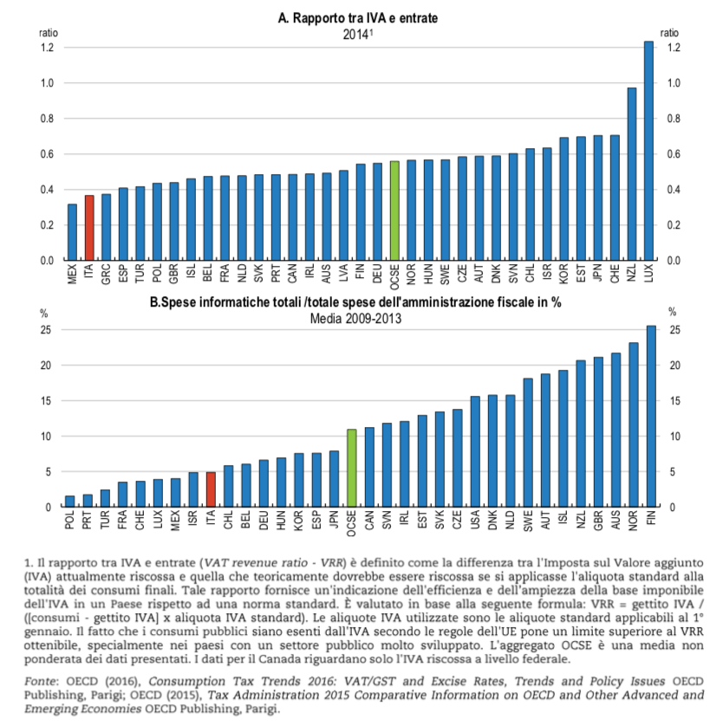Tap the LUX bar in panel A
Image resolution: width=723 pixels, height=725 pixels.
[x=648, y=151]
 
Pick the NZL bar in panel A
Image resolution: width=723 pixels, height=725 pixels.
[x=632, y=174]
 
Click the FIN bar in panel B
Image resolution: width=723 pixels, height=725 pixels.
[x=650, y=417]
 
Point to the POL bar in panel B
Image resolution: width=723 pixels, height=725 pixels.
[x=70, y=502]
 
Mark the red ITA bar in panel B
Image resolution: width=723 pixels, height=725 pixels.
[x=211, y=489]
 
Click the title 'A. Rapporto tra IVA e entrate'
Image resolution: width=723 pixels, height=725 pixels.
[x=359, y=16]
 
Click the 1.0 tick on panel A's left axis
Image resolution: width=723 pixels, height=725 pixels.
[x=47, y=83]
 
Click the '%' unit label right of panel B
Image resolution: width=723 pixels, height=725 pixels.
[x=673, y=313]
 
